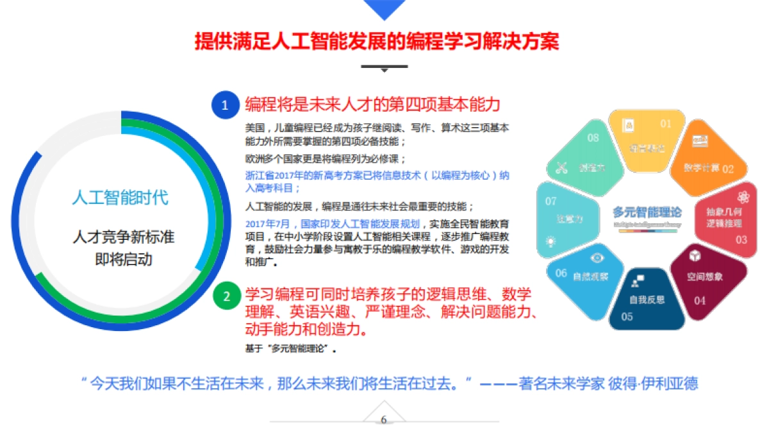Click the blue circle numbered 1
click(225, 105)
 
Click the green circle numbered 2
click(226, 296)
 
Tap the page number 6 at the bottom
click(384, 420)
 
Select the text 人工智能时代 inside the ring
click(120, 197)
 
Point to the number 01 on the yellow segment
click(666, 123)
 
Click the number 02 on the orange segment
click(728, 169)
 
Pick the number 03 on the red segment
click(741, 240)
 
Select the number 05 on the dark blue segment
click(627, 316)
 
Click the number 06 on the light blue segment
click(561, 273)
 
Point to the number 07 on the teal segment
click(550, 201)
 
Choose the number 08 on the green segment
click(593, 137)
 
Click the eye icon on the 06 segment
click(597, 258)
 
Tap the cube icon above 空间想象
click(695, 256)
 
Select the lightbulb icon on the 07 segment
click(550, 241)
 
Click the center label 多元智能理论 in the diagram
click(647, 212)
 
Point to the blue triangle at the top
click(384, 8)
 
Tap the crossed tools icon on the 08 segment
click(562, 168)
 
